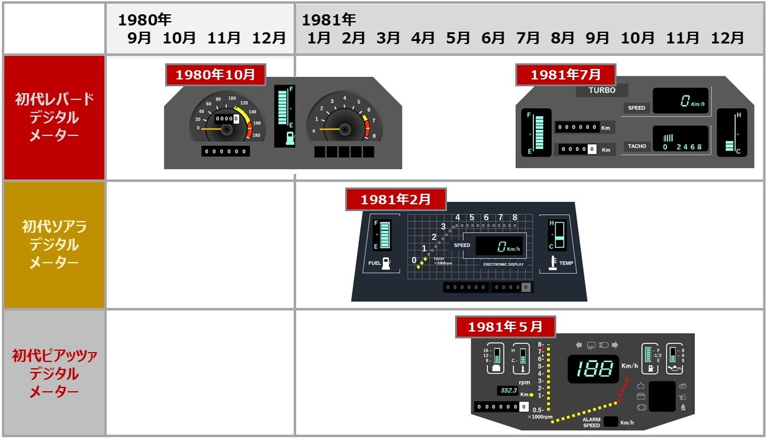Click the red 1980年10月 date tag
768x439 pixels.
point(215,75)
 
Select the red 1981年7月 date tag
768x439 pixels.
point(566,75)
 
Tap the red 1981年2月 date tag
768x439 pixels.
point(395,200)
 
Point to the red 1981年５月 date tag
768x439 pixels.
point(505,327)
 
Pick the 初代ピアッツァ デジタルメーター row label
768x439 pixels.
point(54,373)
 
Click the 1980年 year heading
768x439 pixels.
point(145,19)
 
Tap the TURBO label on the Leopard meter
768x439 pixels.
point(602,91)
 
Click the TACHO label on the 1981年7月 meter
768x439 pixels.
point(636,147)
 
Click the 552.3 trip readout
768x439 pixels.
point(508,391)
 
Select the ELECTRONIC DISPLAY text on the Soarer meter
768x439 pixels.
point(504,265)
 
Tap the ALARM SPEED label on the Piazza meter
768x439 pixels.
point(590,422)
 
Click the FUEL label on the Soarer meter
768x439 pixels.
point(374,263)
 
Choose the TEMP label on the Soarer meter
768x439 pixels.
point(566,263)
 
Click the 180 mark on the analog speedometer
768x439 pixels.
point(256,135)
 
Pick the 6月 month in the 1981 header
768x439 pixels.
point(493,38)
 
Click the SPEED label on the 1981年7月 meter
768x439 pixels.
point(636,108)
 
